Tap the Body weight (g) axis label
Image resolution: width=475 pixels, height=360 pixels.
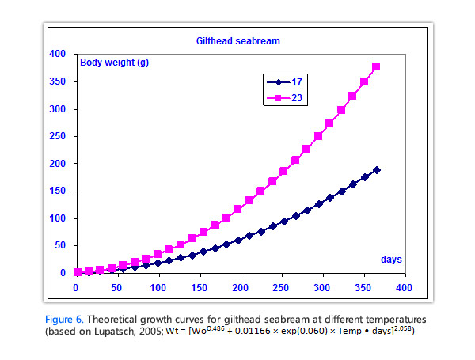pyautogui.click(x=112, y=63)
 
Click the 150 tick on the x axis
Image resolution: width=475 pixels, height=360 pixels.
pyautogui.click(x=199, y=287)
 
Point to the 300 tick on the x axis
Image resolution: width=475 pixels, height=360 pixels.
pyautogui.click(x=323, y=287)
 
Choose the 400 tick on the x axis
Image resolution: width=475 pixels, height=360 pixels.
pyautogui.click(x=405, y=287)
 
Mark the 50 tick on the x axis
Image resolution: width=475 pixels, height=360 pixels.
pyautogui.click(x=117, y=287)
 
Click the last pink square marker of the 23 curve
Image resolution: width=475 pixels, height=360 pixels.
pyautogui.click(x=376, y=66)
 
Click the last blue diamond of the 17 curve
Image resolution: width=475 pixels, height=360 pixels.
pyautogui.click(x=376, y=169)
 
